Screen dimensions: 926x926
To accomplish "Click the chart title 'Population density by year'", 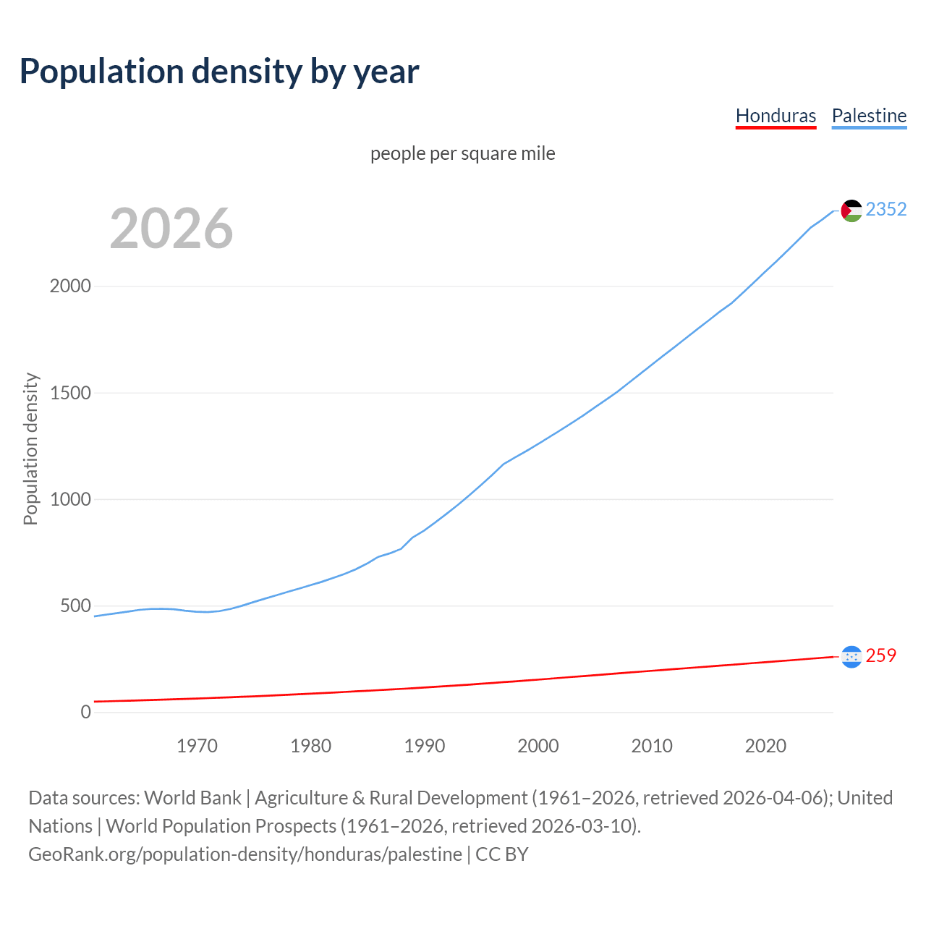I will point(219,72).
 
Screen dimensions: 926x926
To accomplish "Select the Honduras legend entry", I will point(776,116).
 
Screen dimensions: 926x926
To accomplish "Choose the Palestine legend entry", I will point(869,116).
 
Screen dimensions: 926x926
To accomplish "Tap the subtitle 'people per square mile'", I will point(462,153).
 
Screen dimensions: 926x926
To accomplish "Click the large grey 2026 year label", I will point(171,229).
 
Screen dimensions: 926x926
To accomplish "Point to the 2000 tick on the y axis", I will point(70,286).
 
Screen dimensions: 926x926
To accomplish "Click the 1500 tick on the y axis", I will point(70,393).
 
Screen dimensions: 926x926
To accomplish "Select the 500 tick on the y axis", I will point(75,606).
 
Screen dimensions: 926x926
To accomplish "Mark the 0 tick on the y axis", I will point(86,712).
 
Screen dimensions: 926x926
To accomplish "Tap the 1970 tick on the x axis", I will point(197,746).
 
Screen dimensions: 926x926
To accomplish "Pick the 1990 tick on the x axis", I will point(425,746).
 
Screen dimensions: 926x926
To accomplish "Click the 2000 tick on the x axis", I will point(538,746).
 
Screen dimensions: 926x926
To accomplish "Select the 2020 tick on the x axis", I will point(765,746).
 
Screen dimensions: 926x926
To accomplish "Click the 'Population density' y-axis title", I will point(30,449).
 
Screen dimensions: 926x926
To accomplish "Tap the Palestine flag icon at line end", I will point(851,211).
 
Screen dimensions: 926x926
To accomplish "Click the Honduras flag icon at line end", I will point(851,656).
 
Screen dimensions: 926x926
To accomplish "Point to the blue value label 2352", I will point(886,209).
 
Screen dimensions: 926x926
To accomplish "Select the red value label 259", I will point(880,655).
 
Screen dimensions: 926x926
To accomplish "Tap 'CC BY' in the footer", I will point(502,854).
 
